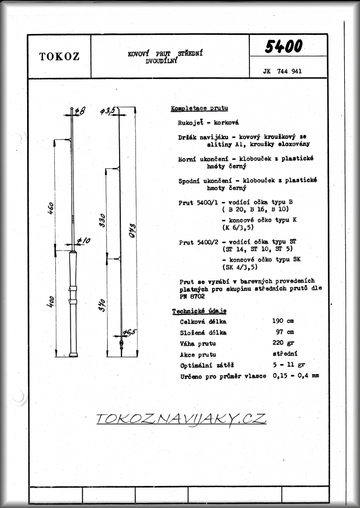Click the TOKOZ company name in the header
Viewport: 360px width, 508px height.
(x=59, y=56)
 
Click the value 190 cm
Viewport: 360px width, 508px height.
(x=283, y=322)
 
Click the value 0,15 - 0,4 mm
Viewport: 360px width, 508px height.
(x=296, y=375)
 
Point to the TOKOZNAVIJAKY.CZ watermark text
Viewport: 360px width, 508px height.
(x=181, y=419)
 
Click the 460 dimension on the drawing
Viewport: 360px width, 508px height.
(x=50, y=209)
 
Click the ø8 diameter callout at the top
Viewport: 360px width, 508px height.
(x=79, y=111)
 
